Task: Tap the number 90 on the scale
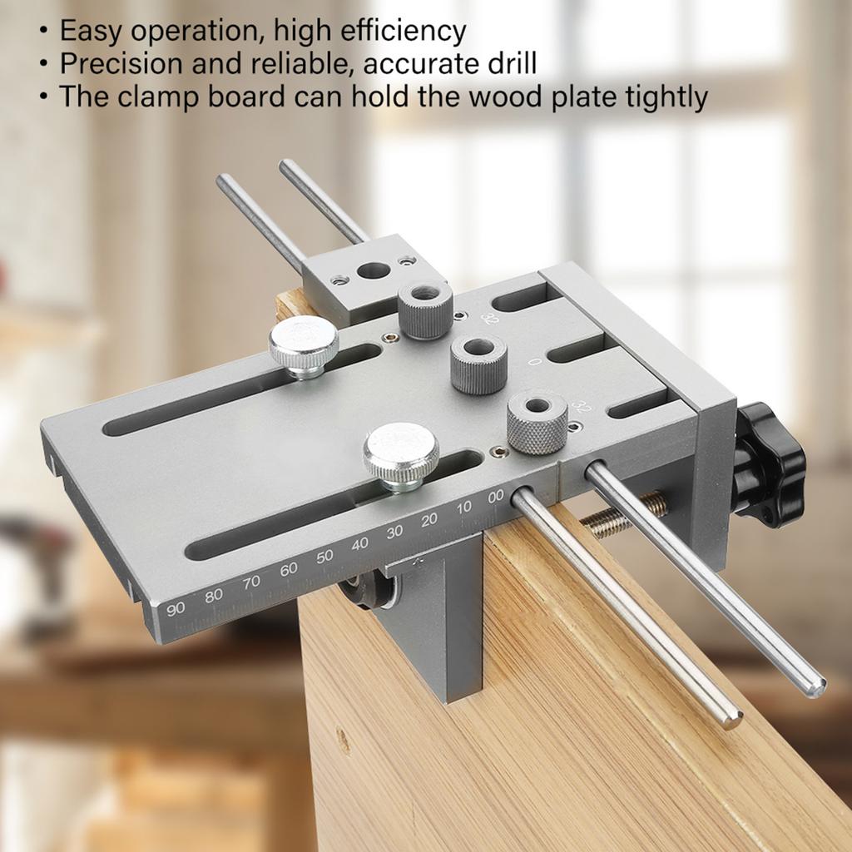coord(176,608)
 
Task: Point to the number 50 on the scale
coord(324,557)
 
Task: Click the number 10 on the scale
coord(464,508)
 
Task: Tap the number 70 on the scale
coord(251,583)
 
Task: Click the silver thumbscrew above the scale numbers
coord(401,457)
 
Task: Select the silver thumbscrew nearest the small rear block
coord(304,346)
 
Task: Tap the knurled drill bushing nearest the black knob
coord(537,422)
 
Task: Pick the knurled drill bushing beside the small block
coord(425,310)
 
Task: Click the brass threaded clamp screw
coord(625,514)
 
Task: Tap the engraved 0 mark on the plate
coord(535,361)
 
